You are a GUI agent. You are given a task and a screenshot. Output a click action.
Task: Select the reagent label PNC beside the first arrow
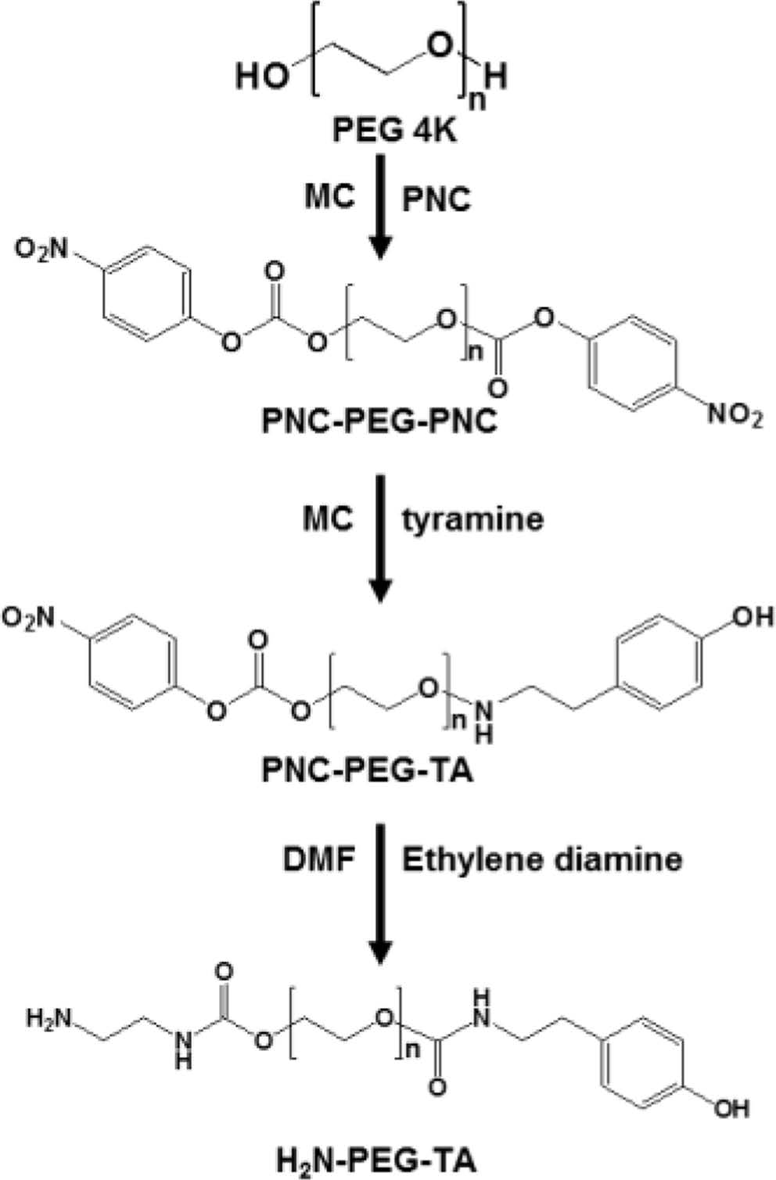(436, 201)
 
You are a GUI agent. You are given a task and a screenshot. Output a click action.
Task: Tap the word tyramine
(472, 518)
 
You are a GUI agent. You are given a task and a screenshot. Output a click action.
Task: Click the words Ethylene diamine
(541, 860)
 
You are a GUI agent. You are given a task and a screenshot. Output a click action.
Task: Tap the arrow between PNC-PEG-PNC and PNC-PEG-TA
(379, 536)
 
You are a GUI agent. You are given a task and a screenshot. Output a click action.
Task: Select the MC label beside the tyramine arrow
(328, 518)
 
